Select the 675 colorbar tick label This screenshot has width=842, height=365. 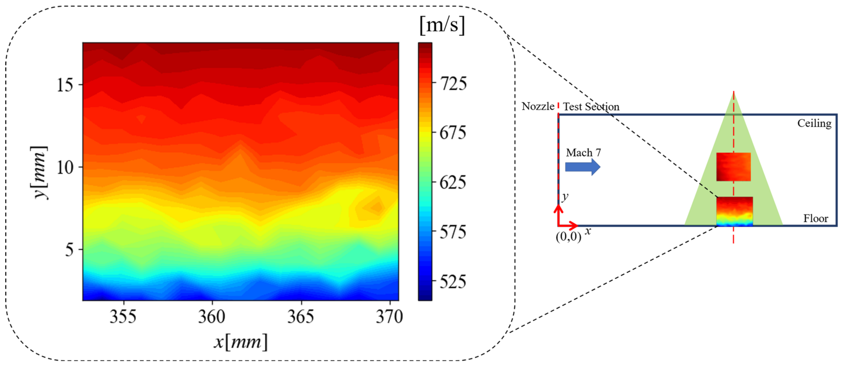[x=453, y=133]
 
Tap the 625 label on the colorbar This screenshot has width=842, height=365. [x=453, y=182]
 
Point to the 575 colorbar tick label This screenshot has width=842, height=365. [x=453, y=232]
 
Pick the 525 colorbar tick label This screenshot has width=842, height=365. [x=453, y=282]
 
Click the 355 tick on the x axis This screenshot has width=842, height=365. [x=123, y=316]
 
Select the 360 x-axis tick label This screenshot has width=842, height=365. [x=212, y=316]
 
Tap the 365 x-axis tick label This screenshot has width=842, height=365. [x=301, y=316]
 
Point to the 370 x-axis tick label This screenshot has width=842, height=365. [x=389, y=316]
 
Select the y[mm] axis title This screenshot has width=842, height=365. [x=40, y=172]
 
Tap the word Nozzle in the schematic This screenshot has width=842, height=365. [x=538, y=106]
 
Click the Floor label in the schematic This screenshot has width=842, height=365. [x=816, y=218]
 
